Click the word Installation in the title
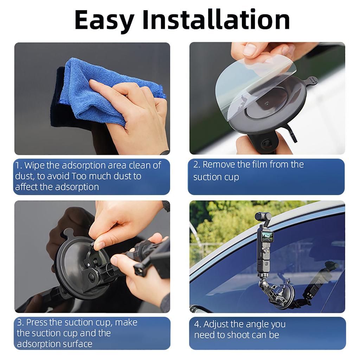coord(216,20)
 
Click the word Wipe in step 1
coord(34,165)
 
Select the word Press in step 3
coord(37,322)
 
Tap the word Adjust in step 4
coord(216,324)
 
